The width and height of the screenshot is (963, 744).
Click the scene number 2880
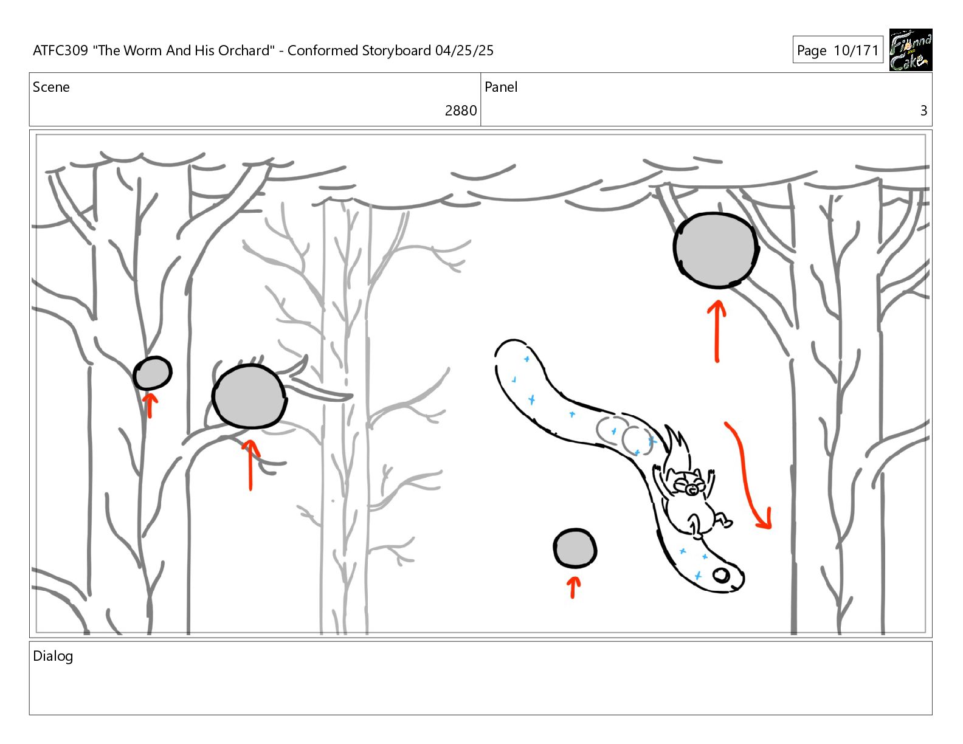tap(460, 111)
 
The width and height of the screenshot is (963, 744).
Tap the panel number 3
tap(923, 111)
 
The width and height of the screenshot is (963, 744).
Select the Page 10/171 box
tap(837, 50)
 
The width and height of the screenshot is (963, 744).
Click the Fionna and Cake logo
tap(910, 50)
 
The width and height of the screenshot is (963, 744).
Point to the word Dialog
tap(53, 656)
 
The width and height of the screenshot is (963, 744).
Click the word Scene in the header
tap(51, 88)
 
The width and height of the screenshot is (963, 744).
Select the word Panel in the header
tap(500, 88)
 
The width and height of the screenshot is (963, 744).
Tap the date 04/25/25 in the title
tap(464, 50)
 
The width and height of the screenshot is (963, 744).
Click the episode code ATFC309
tap(60, 50)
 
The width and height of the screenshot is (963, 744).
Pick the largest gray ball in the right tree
tap(716, 250)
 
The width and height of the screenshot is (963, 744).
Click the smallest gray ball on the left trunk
tap(152, 373)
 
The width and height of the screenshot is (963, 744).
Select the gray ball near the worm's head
tap(575, 548)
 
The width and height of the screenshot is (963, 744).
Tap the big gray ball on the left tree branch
tap(249, 396)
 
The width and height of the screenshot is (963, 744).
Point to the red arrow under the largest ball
tap(717, 331)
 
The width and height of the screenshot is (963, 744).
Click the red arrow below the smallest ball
tap(150, 405)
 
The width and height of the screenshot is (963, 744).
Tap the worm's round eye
tap(721, 574)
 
